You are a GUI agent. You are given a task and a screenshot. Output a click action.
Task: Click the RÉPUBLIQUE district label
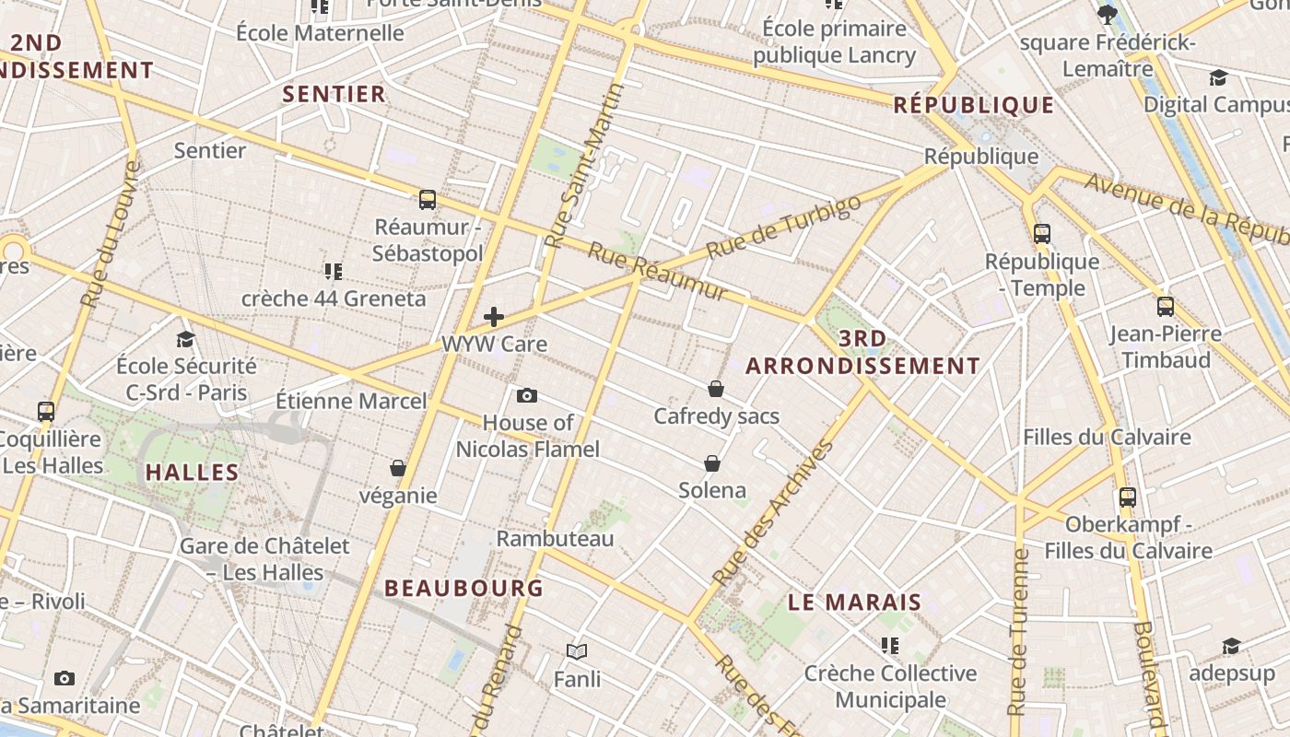coord(973,105)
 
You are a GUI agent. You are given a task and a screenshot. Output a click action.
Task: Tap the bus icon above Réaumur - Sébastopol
coord(428,200)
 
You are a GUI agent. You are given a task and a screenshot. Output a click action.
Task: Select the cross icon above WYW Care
coord(494,317)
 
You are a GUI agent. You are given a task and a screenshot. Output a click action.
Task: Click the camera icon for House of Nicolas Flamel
coord(527,395)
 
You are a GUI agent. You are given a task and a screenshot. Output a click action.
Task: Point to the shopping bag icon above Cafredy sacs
coord(716,389)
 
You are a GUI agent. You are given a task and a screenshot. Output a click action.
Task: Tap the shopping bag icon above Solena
coord(712,462)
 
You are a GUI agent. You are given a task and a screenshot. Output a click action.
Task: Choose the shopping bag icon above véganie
coord(398,468)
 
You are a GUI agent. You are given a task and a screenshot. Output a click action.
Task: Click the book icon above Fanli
coord(577,652)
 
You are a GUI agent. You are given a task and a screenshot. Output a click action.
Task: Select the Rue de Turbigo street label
coord(784,227)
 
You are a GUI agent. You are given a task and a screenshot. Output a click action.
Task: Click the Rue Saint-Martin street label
coord(585,166)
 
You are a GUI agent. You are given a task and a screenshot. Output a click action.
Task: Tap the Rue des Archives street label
coord(773,514)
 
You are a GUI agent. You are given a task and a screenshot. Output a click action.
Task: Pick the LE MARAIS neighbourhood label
coord(854,602)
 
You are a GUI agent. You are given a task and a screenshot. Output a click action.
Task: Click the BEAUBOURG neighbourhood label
coord(463,588)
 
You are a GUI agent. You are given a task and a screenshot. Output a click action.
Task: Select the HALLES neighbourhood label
coord(193,473)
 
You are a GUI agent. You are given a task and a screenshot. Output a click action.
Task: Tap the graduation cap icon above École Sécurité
coord(186,339)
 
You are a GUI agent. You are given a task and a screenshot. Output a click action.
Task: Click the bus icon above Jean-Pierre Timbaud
coord(1166,307)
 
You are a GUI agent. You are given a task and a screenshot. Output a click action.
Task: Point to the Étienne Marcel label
coord(351,402)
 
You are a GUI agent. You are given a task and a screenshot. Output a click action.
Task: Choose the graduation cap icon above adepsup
coord(1231,647)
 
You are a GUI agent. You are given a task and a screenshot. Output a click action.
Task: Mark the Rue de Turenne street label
coord(1018,632)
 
